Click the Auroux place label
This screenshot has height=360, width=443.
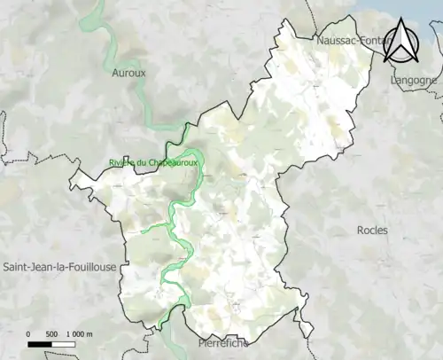(x=128, y=73)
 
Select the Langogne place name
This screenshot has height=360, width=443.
(x=414, y=80)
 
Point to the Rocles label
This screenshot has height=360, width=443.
(x=372, y=231)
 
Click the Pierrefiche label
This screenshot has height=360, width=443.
(x=217, y=341)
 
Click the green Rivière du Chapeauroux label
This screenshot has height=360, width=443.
(x=152, y=163)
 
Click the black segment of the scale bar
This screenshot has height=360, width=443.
(x=40, y=342)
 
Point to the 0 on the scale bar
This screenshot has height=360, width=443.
(x=28, y=333)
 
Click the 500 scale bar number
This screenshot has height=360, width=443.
(x=51, y=333)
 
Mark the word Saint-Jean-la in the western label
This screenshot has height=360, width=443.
(x=35, y=267)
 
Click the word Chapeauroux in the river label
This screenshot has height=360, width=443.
(x=169, y=163)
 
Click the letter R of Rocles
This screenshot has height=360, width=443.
(x=360, y=231)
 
